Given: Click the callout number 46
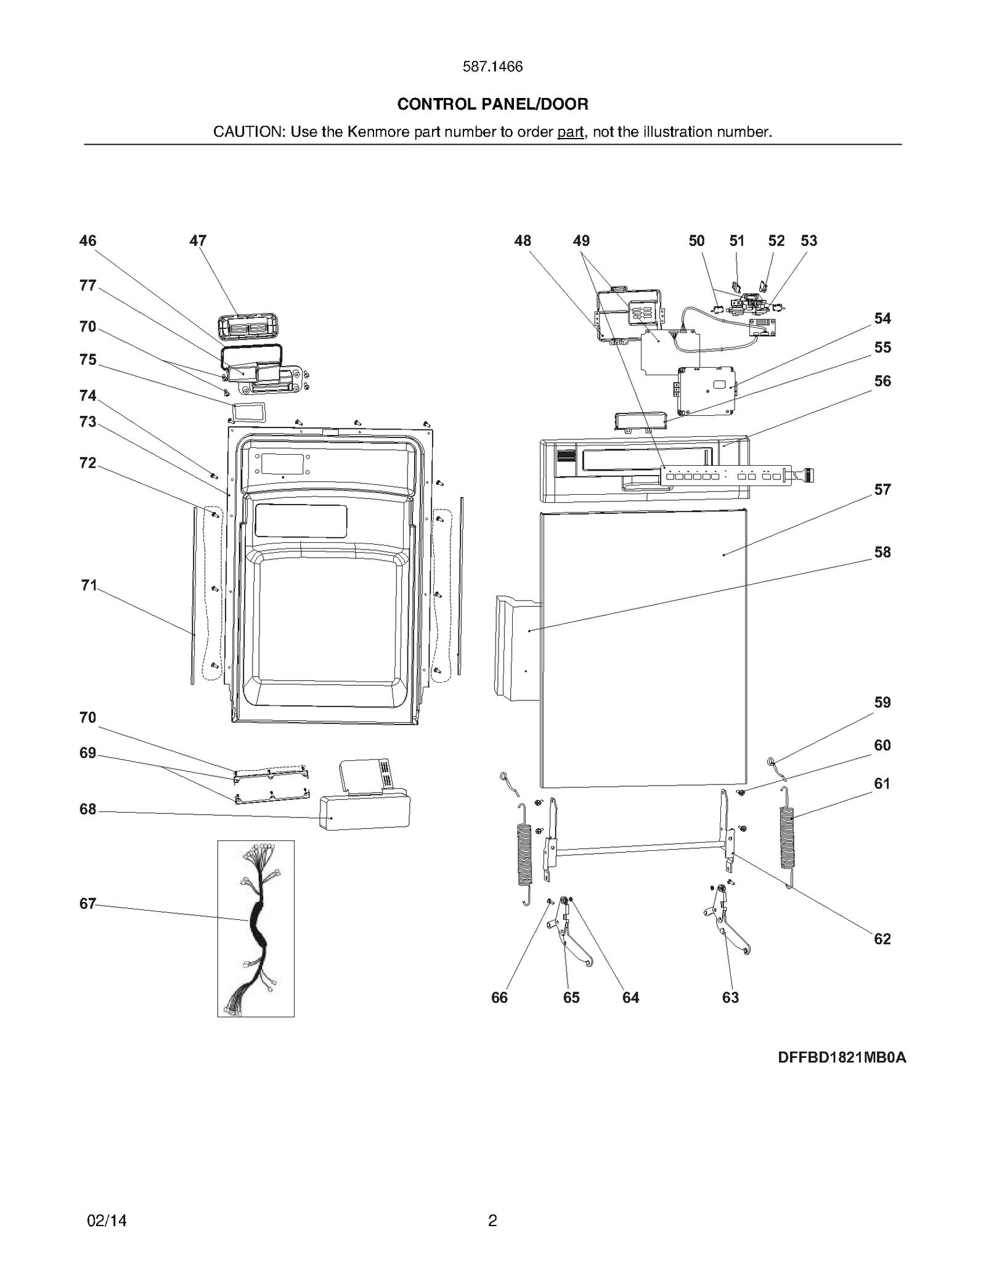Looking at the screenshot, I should (88, 241).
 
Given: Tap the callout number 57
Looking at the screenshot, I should (882, 490).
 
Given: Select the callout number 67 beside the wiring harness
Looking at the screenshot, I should (88, 904).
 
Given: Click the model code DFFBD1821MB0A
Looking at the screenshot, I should (841, 1058).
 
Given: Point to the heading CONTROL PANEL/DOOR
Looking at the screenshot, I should (492, 104).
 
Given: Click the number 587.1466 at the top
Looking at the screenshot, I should (492, 67).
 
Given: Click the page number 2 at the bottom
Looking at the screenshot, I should (492, 1221).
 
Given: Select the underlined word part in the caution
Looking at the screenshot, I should (570, 132).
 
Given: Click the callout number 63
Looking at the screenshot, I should (730, 998).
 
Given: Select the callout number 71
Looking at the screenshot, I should (89, 585).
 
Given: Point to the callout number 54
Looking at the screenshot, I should (882, 319).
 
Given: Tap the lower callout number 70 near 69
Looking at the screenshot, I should (88, 718).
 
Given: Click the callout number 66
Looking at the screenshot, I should (499, 998).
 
